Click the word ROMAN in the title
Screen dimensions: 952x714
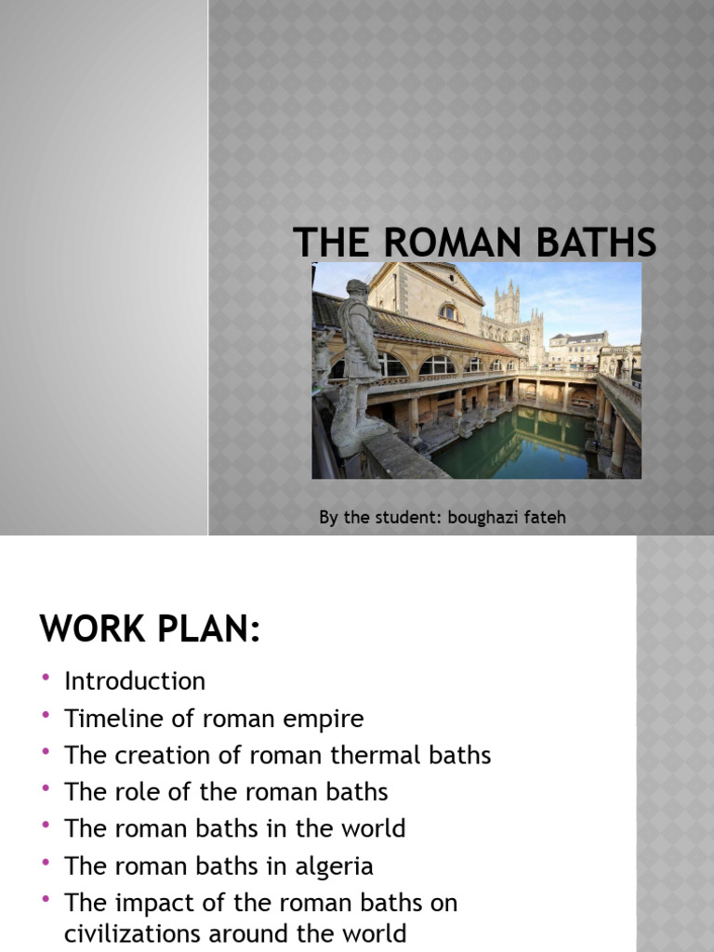pyautogui.click(x=441, y=243)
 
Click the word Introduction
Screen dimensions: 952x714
pyautogui.click(x=135, y=681)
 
